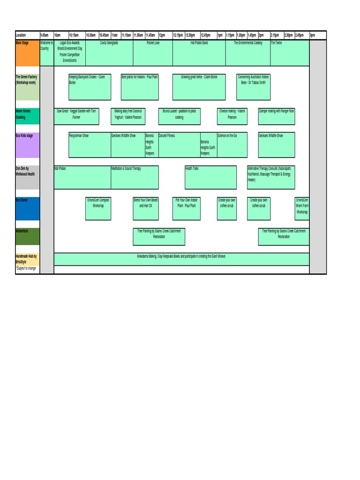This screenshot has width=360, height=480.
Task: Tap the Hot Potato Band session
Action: (x=199, y=52)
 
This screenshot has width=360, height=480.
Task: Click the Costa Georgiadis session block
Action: (x=109, y=52)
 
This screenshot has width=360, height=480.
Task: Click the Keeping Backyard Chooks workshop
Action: (x=90, y=87)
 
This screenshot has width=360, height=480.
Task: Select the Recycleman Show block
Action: (x=90, y=145)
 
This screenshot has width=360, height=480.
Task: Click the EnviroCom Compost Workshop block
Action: (x=98, y=209)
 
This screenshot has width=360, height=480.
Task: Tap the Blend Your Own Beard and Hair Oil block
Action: (x=146, y=209)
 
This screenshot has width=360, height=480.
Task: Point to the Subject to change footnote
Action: (x=26, y=268)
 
